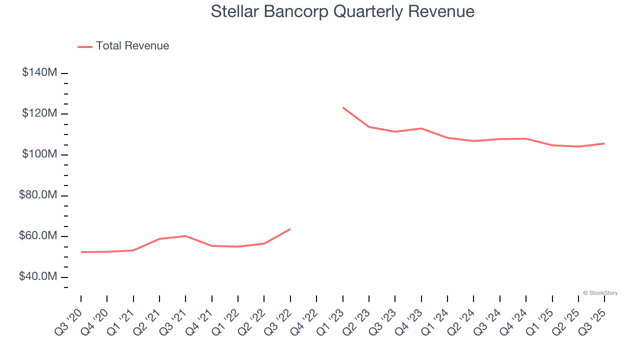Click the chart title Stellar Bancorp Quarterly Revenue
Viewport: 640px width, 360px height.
click(342, 11)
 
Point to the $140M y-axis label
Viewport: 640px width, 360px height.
click(39, 72)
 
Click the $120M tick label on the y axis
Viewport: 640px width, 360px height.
click(39, 113)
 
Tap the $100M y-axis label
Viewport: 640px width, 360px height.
click(39, 154)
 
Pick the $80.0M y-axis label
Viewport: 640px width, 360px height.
click(38, 195)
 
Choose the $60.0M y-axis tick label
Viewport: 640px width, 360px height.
click(38, 236)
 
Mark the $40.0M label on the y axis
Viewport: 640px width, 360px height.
click(38, 276)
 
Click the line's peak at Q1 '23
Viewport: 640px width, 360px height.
click(343, 107)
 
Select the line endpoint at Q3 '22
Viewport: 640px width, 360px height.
click(290, 229)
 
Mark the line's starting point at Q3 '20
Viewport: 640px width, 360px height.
click(81, 252)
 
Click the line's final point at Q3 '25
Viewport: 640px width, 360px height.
click(604, 143)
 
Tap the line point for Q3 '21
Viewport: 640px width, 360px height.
click(185, 236)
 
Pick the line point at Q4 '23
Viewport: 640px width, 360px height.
click(421, 128)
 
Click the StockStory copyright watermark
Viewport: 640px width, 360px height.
click(600, 293)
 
